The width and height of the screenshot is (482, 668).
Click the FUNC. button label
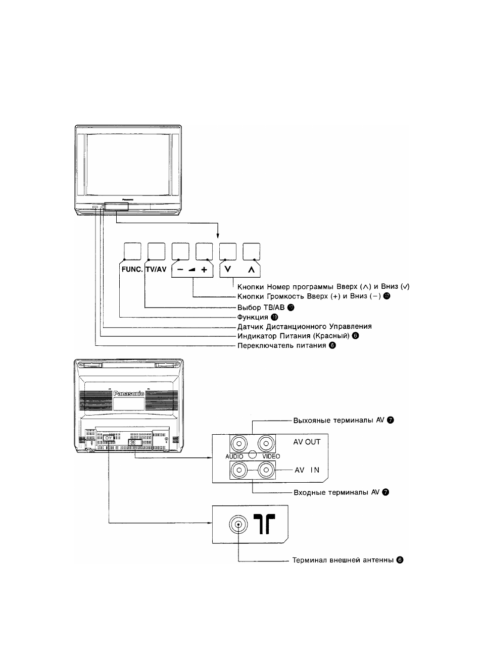tap(132, 269)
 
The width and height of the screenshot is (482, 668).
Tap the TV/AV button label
tap(156, 269)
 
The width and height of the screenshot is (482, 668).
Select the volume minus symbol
tap(180, 270)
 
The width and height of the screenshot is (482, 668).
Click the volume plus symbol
tap(204, 270)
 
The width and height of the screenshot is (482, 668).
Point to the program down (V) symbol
tap(228, 269)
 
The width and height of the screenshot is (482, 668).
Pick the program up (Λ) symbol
tap(251, 270)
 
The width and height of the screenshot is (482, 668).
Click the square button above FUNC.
tap(132, 251)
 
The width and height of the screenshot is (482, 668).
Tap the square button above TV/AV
tap(157, 251)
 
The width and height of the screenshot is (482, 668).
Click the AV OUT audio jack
tap(239, 444)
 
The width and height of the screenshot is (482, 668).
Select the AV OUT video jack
tap(266, 444)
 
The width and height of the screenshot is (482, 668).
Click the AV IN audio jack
tap(239, 470)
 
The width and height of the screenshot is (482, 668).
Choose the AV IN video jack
tap(266, 470)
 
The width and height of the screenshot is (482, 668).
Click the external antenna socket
tap(238, 524)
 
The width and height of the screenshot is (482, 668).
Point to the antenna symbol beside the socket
tap(264, 524)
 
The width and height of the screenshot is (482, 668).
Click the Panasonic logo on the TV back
tap(129, 394)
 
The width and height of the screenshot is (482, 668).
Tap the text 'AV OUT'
tap(307, 442)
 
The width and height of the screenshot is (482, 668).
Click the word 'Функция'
tap(253, 317)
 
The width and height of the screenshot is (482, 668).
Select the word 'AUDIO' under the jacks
tap(234, 456)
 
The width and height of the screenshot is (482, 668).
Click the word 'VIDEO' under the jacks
tap(271, 456)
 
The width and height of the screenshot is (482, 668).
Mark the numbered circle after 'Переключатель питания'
tap(332, 345)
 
